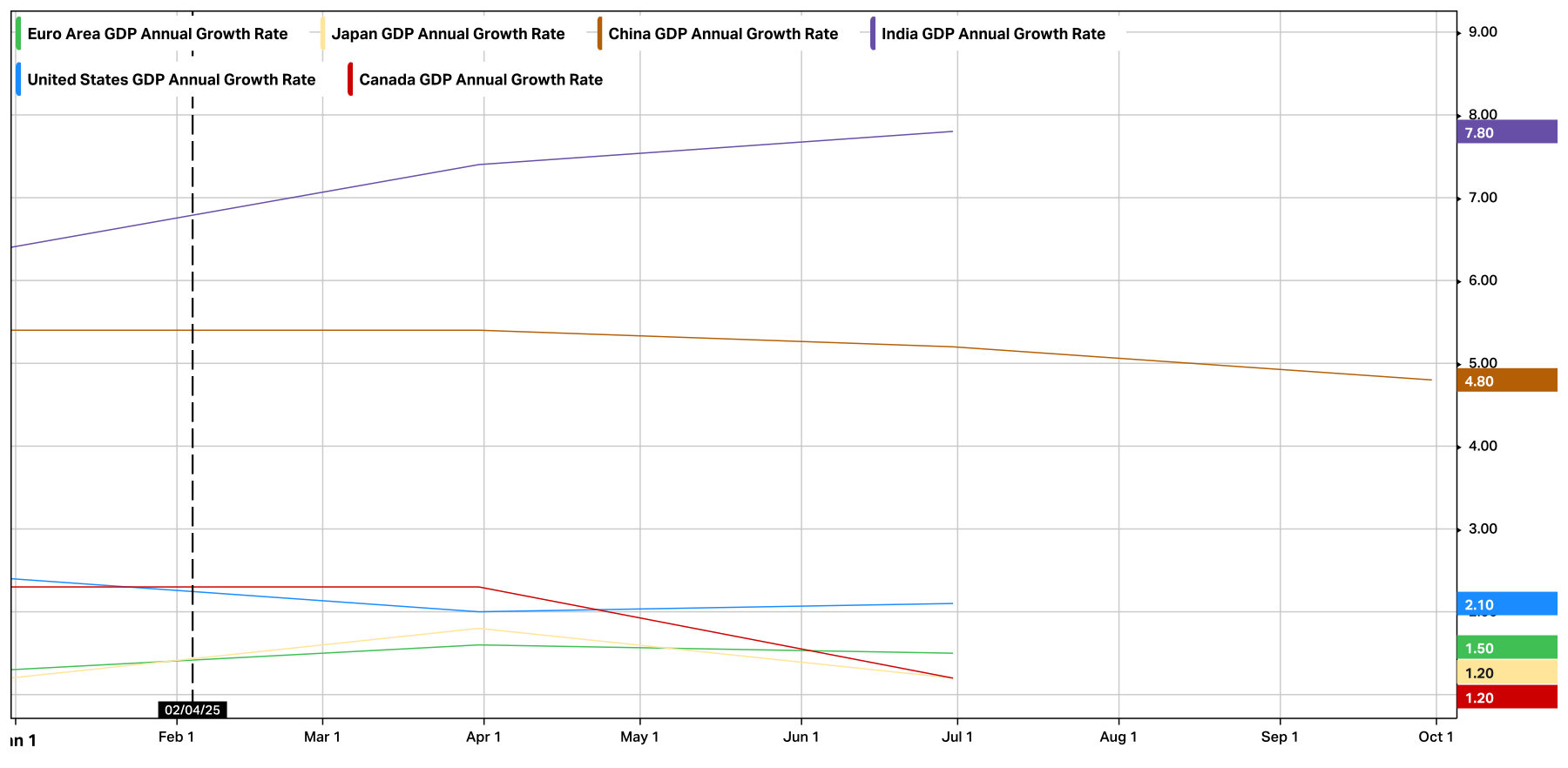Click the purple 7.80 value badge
tap(1506, 132)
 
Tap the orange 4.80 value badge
tap(1506, 381)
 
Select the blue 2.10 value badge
tap(1506, 604)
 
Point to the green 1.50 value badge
tap(1506, 648)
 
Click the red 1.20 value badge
tap(1506, 697)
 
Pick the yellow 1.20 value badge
tap(1506, 672)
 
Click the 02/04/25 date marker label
tap(193, 710)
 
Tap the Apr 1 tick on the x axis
tap(483, 737)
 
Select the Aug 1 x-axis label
tap(1119, 737)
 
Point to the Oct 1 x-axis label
tap(1436, 737)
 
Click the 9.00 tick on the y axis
tap(1483, 32)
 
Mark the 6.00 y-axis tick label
tap(1483, 280)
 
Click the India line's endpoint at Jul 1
tap(952, 131)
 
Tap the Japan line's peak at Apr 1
tap(483, 629)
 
